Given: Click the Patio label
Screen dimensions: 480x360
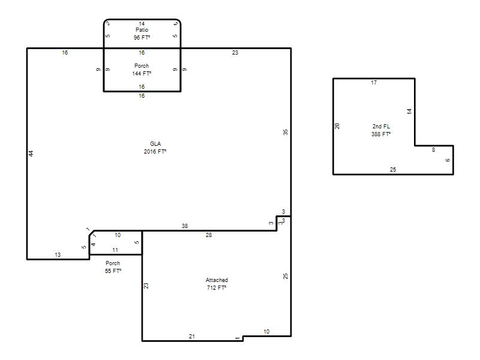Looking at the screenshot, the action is coord(142,29).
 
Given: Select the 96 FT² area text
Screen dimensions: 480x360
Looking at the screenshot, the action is coord(142,37).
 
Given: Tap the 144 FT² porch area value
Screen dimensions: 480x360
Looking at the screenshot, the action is coord(142,73).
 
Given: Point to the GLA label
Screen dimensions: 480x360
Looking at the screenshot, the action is coord(155,143).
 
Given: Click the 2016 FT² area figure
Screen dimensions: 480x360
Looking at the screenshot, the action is coord(155,152).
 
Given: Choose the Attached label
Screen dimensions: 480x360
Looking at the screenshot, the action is coord(217,280).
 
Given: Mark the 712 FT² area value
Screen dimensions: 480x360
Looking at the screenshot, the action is coord(217,288).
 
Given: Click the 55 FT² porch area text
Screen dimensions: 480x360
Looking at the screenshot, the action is coord(113,271).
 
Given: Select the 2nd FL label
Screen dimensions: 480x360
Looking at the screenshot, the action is coord(381,126).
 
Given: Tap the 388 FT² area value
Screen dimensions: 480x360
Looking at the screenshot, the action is coord(381,134).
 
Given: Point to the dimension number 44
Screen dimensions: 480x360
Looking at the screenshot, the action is coord(31,154).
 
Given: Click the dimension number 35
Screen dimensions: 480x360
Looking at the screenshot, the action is coord(286,132).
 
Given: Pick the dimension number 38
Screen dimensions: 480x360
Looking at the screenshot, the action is coord(185,226).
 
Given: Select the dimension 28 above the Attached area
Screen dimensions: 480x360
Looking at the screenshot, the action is coord(209,235).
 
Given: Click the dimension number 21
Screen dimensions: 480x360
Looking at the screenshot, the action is coord(192,336).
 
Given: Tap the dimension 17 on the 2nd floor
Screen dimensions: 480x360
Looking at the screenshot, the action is coord(374,83).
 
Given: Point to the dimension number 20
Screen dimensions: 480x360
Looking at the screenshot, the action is coord(337,126).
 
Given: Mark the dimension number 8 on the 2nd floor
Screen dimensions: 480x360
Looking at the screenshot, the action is coord(433,149).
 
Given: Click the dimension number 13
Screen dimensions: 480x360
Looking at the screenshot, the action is coord(58,254).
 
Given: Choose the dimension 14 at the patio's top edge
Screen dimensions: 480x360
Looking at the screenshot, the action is coord(142,23).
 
